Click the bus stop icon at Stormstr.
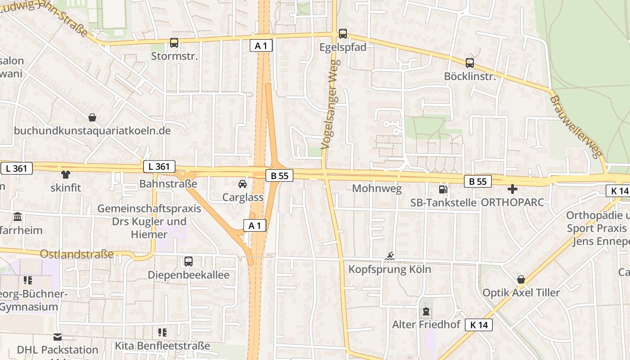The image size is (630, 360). [x=174, y=43]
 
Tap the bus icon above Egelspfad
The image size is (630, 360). [x=343, y=33]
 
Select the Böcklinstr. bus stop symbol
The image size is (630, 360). [x=470, y=63]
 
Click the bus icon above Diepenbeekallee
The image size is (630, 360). [x=189, y=261]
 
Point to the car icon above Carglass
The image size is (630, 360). [x=243, y=184]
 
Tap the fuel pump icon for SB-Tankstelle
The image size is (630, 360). [x=443, y=189]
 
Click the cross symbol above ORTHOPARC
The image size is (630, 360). [x=512, y=189]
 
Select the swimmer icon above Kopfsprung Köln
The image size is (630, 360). [x=390, y=256]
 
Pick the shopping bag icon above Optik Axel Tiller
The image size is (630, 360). [x=521, y=279]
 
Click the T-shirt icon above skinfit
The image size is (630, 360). [x=66, y=174]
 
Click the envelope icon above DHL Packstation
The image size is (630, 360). [x=58, y=337]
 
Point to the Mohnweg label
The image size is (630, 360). [x=377, y=188]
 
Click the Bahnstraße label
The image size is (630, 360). [x=168, y=184]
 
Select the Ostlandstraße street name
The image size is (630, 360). [x=77, y=254]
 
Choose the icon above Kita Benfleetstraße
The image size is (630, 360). [x=162, y=333]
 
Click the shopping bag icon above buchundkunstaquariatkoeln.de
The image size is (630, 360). [x=92, y=118]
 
